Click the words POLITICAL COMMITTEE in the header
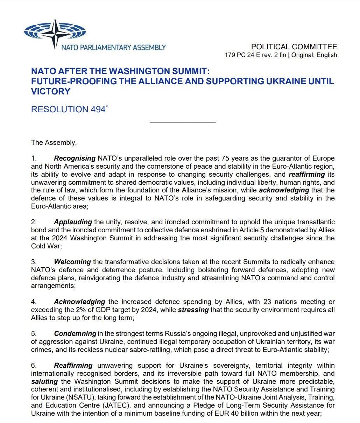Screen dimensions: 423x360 [x=294, y=47]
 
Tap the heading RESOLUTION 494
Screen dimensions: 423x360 [x=68, y=110]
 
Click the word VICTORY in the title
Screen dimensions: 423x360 [x=51, y=91]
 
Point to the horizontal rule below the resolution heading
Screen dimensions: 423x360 [x=183, y=122]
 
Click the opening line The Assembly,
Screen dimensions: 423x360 [x=54, y=142]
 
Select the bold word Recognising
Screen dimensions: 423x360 [x=75, y=158]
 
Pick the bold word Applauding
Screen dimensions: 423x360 [x=73, y=222]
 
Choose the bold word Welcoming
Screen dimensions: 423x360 [x=72, y=262]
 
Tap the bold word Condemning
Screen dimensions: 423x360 [x=75, y=333]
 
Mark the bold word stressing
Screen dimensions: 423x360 [x=193, y=310]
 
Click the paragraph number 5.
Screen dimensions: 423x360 [x=34, y=333]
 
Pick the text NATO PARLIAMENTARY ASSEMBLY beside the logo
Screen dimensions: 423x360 [x=113, y=47]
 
